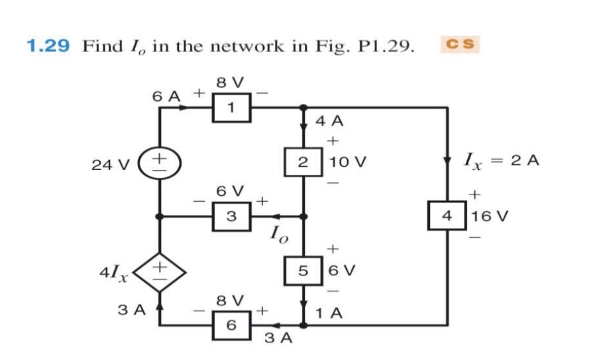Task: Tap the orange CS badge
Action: point(459,44)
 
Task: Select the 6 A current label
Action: point(166,95)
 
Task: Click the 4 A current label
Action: point(329,120)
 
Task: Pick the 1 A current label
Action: point(329,314)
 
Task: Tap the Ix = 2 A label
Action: point(503,160)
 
